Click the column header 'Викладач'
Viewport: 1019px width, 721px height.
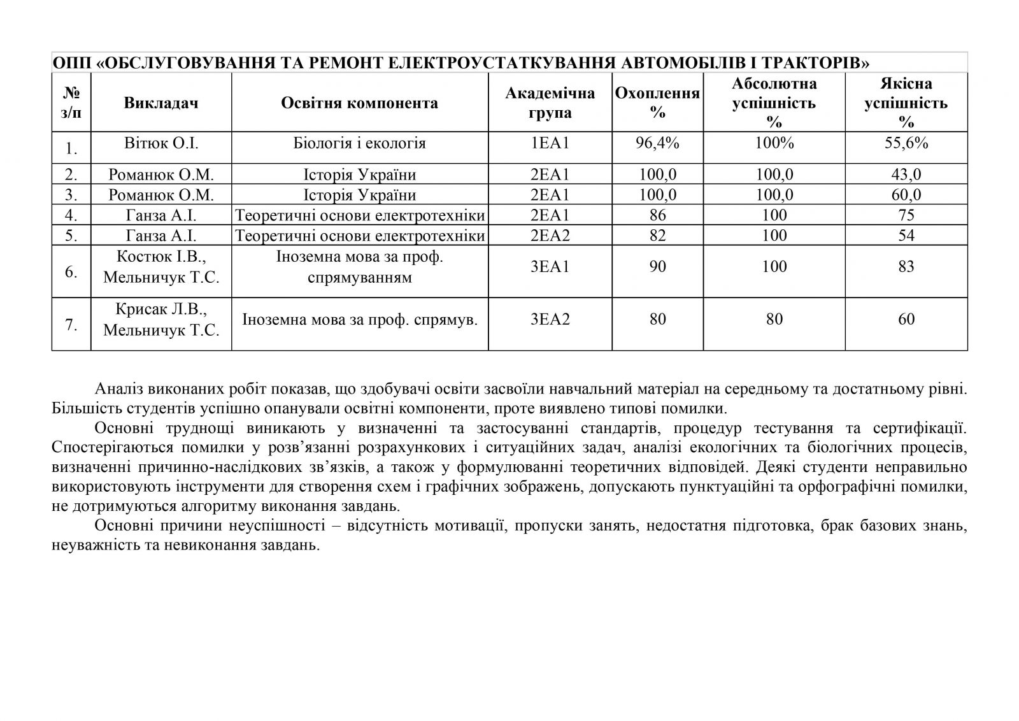pyautogui.click(x=161, y=103)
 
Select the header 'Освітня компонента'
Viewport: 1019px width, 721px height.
pyautogui.click(x=359, y=103)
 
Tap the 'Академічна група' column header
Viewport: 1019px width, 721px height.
pyautogui.click(x=550, y=103)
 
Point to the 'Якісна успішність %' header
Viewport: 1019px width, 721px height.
pyautogui.click(x=906, y=103)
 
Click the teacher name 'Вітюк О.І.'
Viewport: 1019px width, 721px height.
pyautogui.click(x=161, y=143)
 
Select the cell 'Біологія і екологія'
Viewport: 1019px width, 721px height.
pyautogui.click(x=359, y=143)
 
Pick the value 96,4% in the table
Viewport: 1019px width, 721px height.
pyautogui.click(x=657, y=143)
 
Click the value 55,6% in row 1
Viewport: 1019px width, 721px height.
pyautogui.click(x=906, y=143)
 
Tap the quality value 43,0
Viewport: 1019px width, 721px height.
pyautogui.click(x=906, y=175)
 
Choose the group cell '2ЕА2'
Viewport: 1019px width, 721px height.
pyautogui.click(x=550, y=236)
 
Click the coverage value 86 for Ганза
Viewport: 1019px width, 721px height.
pyautogui.click(x=657, y=215)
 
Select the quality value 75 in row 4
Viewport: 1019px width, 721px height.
pyautogui.click(x=906, y=215)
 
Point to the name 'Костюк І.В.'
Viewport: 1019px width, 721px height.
pyautogui.click(x=161, y=257)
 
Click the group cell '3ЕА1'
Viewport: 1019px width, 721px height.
pyautogui.click(x=550, y=266)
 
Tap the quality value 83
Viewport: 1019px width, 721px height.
pyautogui.click(x=906, y=266)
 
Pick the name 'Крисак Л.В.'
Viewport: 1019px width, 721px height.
pyautogui.click(x=161, y=310)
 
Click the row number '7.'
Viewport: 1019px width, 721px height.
pyautogui.click(x=71, y=325)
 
